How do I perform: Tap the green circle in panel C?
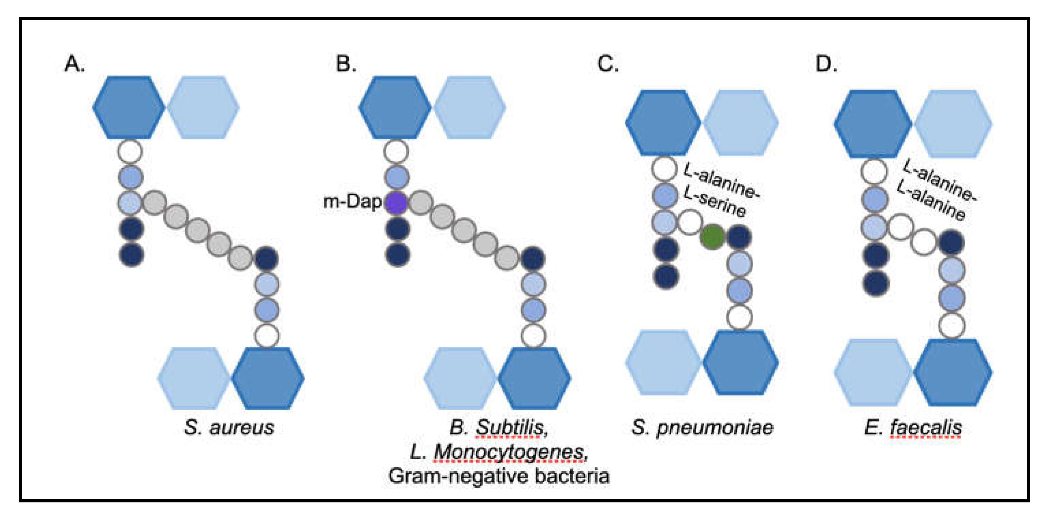tap(712, 236)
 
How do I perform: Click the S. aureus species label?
tap(229, 428)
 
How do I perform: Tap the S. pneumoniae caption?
tap(702, 428)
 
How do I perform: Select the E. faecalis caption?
tap(913, 428)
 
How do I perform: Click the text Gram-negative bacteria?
tap(499, 476)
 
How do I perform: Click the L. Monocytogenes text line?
tap(499, 452)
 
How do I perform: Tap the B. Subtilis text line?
tap(499, 428)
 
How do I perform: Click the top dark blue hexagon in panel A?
tap(129, 107)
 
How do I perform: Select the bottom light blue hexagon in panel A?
tap(194, 378)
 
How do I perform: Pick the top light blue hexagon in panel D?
tap(953, 124)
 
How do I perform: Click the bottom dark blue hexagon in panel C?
tap(741, 362)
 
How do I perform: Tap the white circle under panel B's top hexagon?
tap(396, 152)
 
